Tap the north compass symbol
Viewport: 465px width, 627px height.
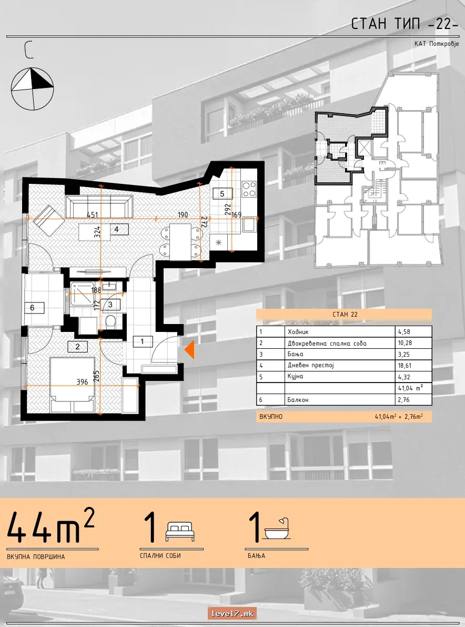point(32,89)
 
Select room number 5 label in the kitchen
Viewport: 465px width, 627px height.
point(223,194)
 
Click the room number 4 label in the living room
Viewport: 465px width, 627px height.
point(116,230)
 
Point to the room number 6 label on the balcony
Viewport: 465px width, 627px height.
point(32,308)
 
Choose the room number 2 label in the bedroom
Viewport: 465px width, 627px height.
point(77,347)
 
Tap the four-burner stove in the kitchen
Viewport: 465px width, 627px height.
point(249,189)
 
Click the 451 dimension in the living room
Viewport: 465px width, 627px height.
point(92,215)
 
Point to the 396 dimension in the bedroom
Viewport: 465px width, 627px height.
point(82,382)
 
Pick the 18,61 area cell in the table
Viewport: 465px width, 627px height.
point(404,366)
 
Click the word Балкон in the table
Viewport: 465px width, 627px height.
point(298,399)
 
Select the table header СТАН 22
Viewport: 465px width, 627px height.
point(345,315)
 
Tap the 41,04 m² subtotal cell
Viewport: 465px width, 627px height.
point(410,388)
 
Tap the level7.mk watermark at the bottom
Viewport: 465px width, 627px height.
point(232,613)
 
